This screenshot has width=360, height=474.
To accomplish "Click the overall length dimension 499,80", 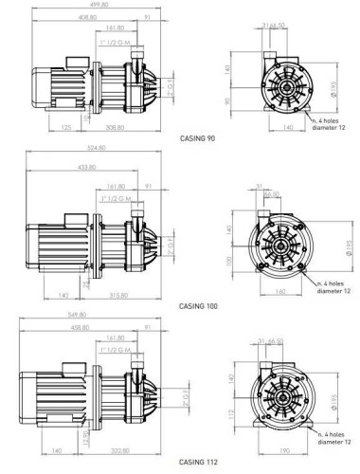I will click(x=94, y=5).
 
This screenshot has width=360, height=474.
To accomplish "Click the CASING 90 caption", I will click(x=198, y=137).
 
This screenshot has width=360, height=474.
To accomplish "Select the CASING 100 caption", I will click(x=199, y=306).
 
